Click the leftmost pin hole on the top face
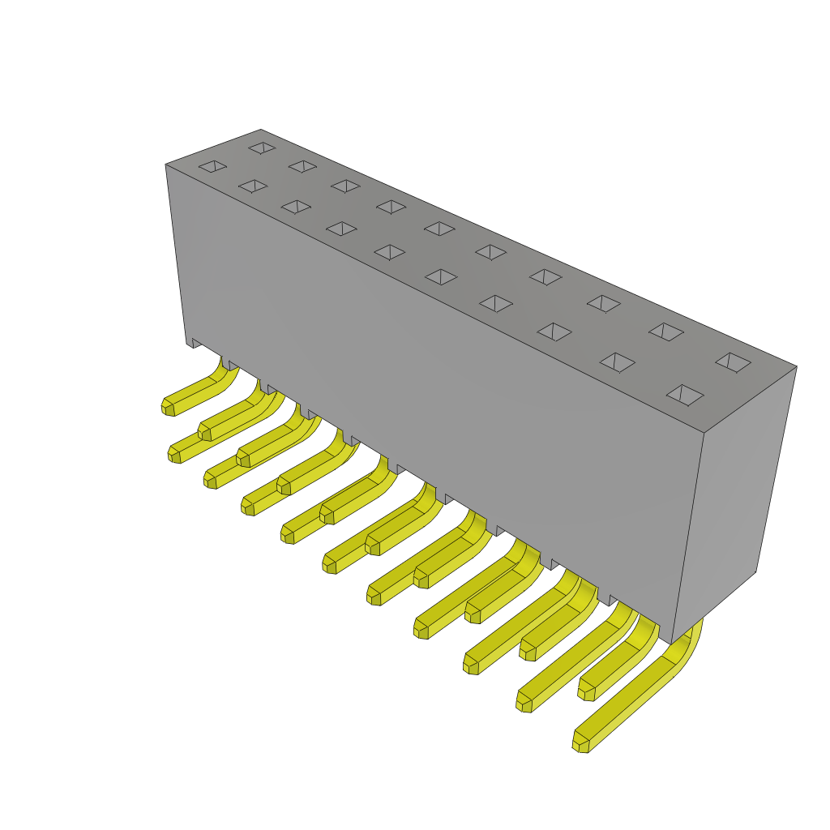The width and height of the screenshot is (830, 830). (x=212, y=166)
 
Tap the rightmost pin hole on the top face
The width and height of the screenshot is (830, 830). (x=733, y=362)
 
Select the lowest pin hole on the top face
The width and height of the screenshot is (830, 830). (x=685, y=395)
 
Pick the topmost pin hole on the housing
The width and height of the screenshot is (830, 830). (x=262, y=148)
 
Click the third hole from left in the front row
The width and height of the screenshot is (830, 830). (x=296, y=207)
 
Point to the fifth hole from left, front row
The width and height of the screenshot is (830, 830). (x=390, y=252)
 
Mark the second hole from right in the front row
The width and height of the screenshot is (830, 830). (x=617, y=362)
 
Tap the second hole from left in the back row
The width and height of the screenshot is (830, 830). (x=302, y=166)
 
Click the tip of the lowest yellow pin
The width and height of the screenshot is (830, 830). (x=580, y=744)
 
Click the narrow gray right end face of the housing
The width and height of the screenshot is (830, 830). (x=734, y=503)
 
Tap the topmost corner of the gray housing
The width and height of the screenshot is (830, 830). (x=261, y=130)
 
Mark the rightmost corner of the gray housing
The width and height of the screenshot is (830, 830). (x=796, y=367)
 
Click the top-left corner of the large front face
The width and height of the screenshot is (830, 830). (x=166, y=165)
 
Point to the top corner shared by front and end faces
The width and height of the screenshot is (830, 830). (x=704, y=433)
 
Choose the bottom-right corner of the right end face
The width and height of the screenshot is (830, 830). (x=755, y=571)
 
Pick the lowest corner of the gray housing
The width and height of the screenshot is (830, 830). (x=671, y=644)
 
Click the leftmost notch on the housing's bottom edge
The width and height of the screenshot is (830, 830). (x=195, y=344)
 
